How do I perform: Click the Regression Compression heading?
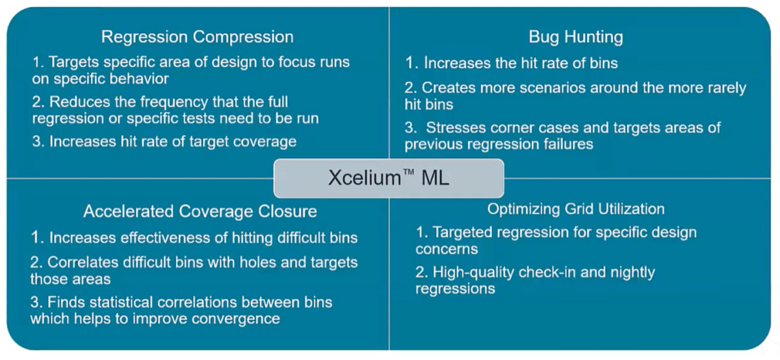[x=198, y=37]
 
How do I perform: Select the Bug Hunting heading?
[x=576, y=37]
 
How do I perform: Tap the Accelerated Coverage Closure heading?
[x=200, y=211]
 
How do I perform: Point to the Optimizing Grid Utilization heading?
[x=576, y=209]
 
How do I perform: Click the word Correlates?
[x=85, y=263]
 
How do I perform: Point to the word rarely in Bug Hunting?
[x=722, y=87]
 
